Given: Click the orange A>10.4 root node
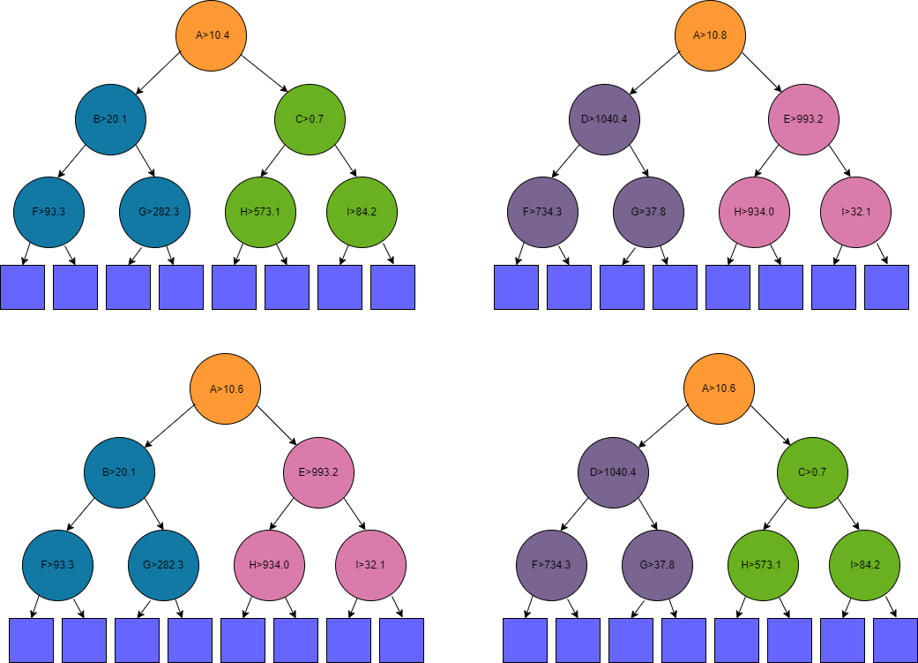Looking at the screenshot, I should point(208,35).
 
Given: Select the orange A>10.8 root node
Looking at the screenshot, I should point(710,35).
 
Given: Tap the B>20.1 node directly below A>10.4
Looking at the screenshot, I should point(110,119).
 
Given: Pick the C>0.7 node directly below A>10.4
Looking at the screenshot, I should point(309,119).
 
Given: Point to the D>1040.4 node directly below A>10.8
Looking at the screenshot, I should point(604,119).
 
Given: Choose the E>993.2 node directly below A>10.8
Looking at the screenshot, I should point(803,119).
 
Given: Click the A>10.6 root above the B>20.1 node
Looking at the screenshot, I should point(225,388).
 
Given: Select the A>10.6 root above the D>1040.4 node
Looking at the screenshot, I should point(720,388).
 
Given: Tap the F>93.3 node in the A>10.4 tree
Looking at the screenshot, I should point(49,212).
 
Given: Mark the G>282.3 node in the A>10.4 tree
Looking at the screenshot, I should point(154,212).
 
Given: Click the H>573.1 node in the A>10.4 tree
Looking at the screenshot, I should point(260,212).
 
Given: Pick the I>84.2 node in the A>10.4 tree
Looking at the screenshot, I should point(362,212).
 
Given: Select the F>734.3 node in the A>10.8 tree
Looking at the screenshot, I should point(542,212).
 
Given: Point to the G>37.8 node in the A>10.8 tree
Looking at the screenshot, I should point(648,212).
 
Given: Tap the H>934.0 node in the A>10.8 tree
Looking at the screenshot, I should point(754,212).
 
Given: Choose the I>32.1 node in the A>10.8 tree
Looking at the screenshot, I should point(855,212).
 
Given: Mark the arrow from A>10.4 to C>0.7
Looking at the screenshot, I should point(263,73).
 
